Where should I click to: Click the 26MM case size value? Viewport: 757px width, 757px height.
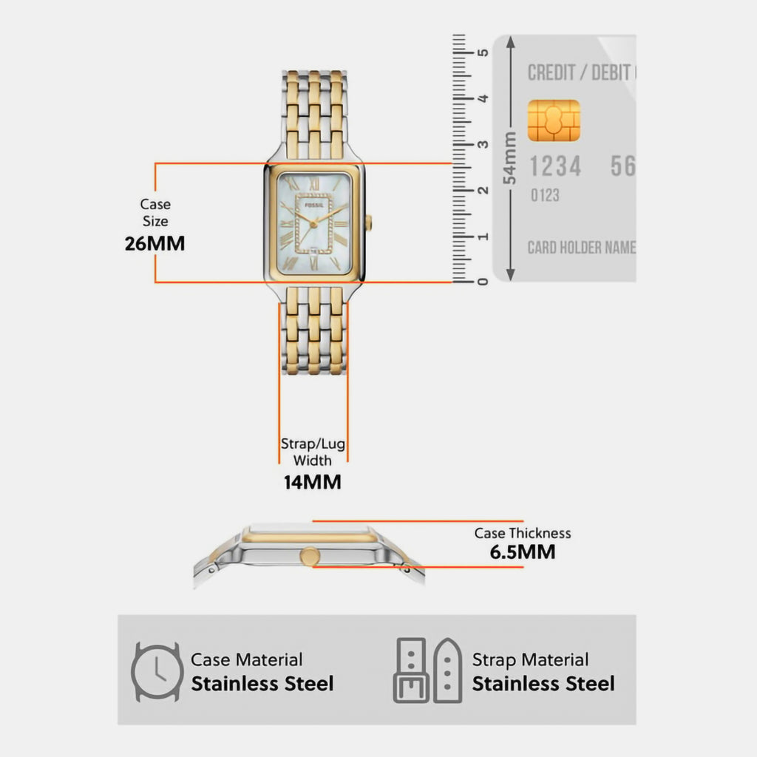pyautogui.click(x=155, y=243)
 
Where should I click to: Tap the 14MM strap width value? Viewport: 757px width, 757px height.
pyautogui.click(x=313, y=482)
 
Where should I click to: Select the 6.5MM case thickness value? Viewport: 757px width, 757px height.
pyautogui.click(x=523, y=551)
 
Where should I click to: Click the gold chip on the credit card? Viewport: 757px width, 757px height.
pyautogui.click(x=554, y=120)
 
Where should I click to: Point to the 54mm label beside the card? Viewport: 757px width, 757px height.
pyautogui.click(x=509, y=158)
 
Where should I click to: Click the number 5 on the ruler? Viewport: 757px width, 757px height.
pyautogui.click(x=482, y=52)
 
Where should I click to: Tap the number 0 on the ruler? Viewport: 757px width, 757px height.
pyautogui.click(x=482, y=282)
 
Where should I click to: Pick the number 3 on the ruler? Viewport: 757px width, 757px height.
pyautogui.click(x=482, y=144)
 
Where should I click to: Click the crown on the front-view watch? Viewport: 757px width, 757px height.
pyautogui.click(x=369, y=223)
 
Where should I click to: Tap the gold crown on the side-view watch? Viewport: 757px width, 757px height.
pyautogui.click(x=310, y=556)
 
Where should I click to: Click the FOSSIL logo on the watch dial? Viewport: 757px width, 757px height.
pyautogui.click(x=313, y=206)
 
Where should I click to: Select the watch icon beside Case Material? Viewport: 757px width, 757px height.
pyautogui.click(x=157, y=671)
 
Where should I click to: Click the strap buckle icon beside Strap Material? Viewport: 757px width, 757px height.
pyautogui.click(x=428, y=671)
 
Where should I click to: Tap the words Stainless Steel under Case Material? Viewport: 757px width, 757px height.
pyautogui.click(x=262, y=684)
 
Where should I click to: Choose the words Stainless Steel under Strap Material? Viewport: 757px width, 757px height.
pyautogui.click(x=543, y=684)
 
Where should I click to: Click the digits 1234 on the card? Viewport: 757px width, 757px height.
pyautogui.click(x=555, y=166)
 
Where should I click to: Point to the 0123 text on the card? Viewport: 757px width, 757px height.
pyautogui.click(x=545, y=195)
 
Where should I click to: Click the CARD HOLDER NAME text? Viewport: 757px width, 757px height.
pyautogui.click(x=581, y=248)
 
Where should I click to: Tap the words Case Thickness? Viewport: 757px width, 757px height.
pyautogui.click(x=523, y=533)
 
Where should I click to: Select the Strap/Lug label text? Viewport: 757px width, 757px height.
pyautogui.click(x=313, y=444)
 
